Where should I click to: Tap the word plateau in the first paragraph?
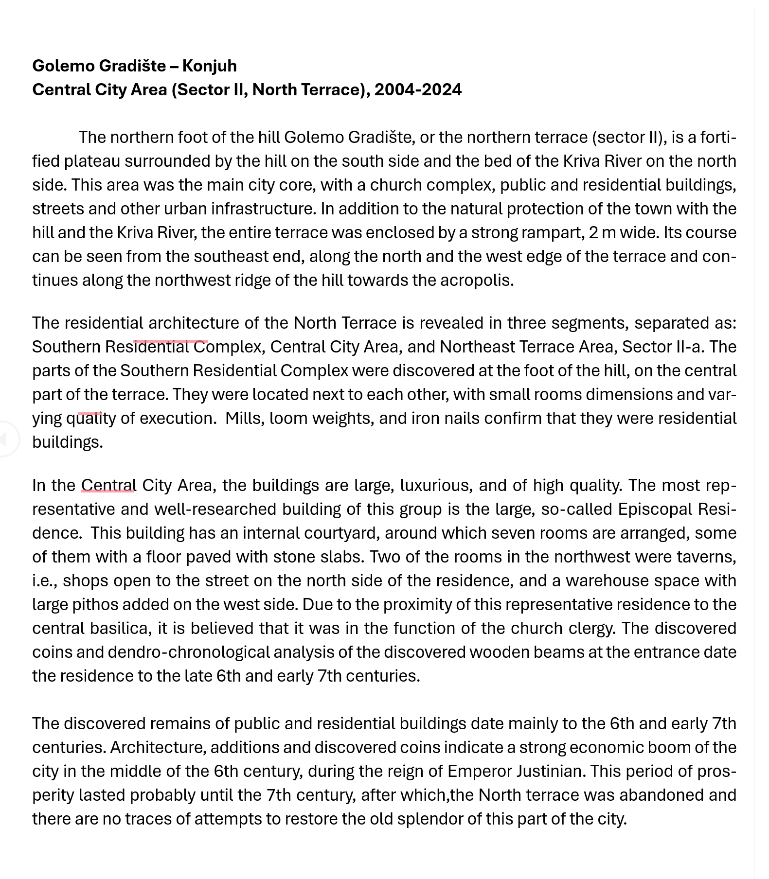point(92,161)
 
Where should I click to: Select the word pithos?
point(95,605)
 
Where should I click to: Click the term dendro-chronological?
point(188,652)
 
